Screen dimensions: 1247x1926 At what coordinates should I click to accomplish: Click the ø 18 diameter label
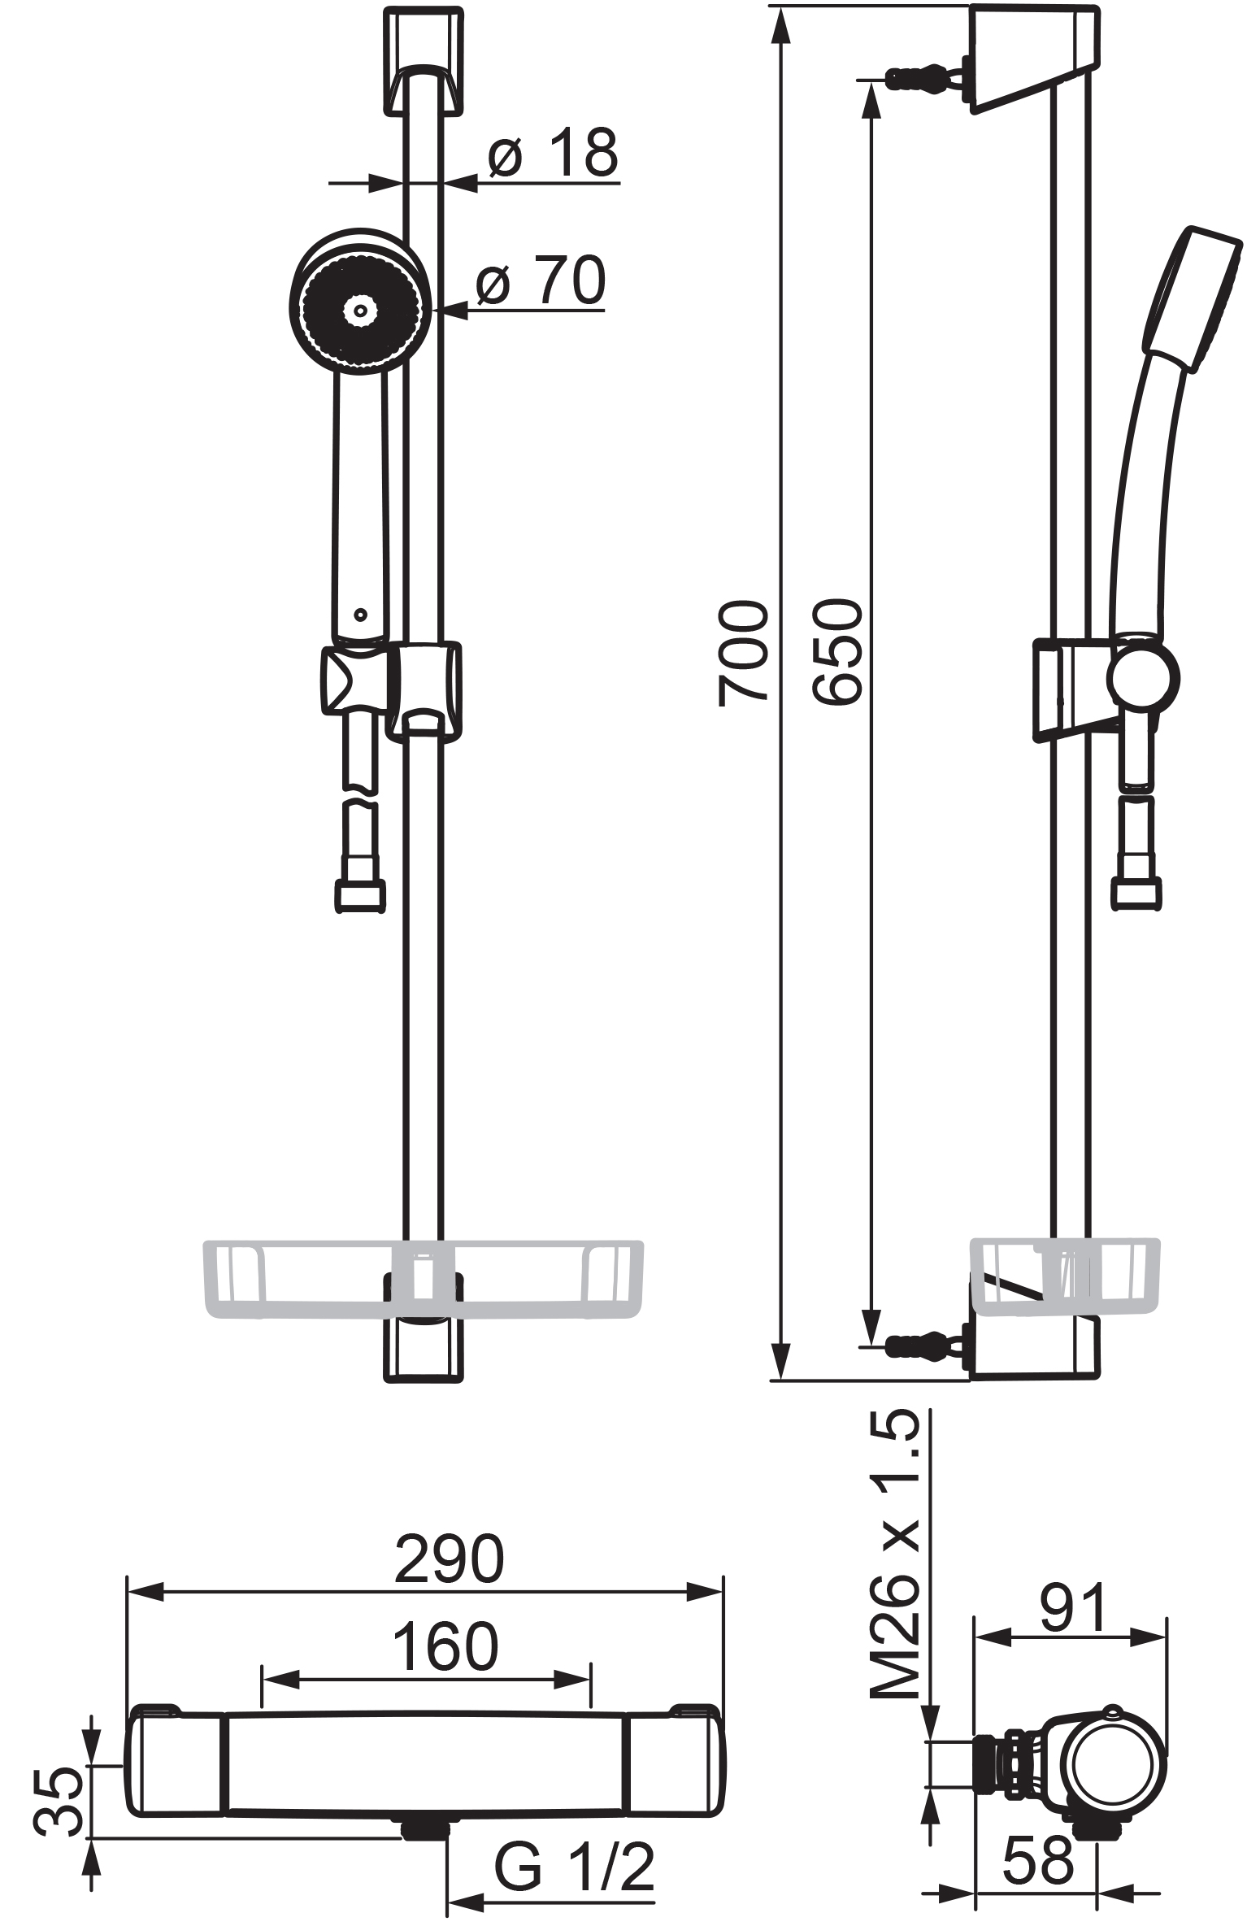[553, 153]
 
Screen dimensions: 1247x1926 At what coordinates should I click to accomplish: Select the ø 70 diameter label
[541, 280]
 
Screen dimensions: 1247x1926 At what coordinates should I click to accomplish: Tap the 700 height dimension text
[743, 653]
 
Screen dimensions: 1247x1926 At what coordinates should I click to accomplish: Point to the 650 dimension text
[836, 652]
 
